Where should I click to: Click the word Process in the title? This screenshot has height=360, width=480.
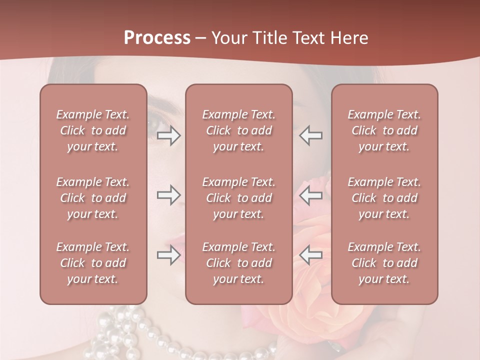pyautogui.click(x=157, y=38)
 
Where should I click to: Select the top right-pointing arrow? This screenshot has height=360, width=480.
pyautogui.click(x=169, y=135)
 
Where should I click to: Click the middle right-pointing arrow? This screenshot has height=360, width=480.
pyautogui.click(x=169, y=195)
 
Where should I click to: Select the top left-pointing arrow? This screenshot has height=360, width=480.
pyautogui.click(x=310, y=135)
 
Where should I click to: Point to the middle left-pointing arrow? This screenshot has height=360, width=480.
pyautogui.click(x=310, y=195)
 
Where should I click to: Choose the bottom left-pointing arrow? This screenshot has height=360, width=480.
pyautogui.click(x=310, y=255)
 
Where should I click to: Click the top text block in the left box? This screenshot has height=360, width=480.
pyautogui.click(x=93, y=130)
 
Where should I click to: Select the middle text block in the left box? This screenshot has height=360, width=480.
pyautogui.click(x=93, y=198)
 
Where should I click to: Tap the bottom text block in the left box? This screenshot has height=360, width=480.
pyautogui.click(x=93, y=263)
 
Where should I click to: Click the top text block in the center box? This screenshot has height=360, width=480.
pyautogui.click(x=238, y=130)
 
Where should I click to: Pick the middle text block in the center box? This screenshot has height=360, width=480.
pyautogui.click(x=238, y=198)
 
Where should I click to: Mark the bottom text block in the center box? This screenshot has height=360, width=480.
pyautogui.click(x=238, y=263)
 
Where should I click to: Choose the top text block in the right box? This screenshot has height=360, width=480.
pyautogui.click(x=384, y=130)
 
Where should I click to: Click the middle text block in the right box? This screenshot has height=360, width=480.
pyautogui.click(x=384, y=198)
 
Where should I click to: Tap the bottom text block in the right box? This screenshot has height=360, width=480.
pyautogui.click(x=384, y=263)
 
